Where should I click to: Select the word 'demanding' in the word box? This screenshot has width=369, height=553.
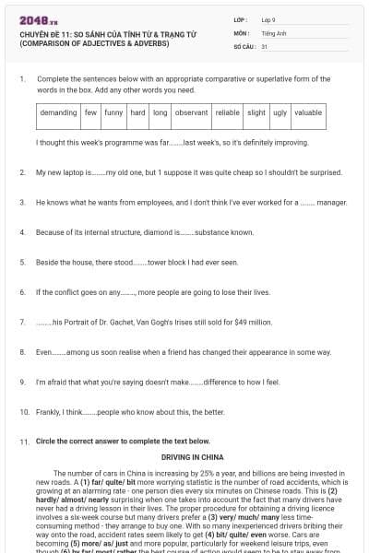tap(59, 112)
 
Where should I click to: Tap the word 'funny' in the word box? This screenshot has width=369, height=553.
tap(113, 112)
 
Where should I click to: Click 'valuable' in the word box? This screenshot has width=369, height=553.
tap(308, 112)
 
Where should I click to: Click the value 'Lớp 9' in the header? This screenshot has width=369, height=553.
tap(268, 18)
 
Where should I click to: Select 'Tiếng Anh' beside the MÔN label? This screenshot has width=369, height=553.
tap(272, 31)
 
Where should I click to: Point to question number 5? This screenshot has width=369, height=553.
tap(21, 262)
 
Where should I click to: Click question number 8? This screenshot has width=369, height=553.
tap(21, 351)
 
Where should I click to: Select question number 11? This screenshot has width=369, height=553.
tap(23, 441)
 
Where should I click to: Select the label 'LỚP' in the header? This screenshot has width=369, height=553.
tap(240, 18)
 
